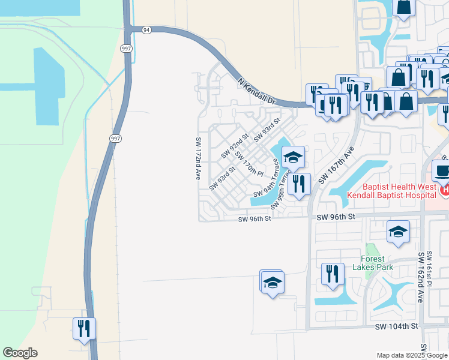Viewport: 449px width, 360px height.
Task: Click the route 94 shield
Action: [x=146, y=29]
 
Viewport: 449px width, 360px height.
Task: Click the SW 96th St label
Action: [x=255, y=219]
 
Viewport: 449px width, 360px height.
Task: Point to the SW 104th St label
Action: [x=396, y=326]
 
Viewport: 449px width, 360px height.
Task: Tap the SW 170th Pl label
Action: [x=249, y=163]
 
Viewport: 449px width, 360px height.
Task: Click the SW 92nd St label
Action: [x=234, y=146]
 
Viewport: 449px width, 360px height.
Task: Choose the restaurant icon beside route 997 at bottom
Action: [x=85, y=328]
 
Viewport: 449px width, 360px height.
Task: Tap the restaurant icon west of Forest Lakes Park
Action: [x=333, y=274]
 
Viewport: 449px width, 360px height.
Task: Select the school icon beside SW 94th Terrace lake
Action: [x=293, y=157]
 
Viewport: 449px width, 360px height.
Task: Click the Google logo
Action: [x=20, y=353]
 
